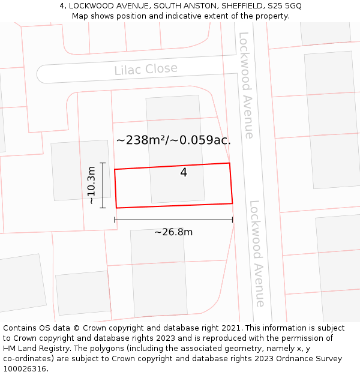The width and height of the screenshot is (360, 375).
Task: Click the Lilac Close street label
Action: (x=146, y=69)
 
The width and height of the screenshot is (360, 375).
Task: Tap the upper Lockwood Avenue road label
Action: (x=247, y=85)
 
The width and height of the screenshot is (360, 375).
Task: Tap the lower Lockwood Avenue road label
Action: (x=257, y=253)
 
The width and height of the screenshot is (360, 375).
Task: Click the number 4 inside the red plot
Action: (x=184, y=173)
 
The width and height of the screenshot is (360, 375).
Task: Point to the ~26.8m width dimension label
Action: (x=173, y=232)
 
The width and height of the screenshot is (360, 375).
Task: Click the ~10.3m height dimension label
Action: (x=92, y=185)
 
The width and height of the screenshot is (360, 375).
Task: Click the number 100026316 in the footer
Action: (x=25, y=369)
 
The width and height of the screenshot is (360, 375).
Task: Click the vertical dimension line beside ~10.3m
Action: (x=103, y=185)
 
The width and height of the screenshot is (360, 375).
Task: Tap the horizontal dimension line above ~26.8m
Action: (x=173, y=220)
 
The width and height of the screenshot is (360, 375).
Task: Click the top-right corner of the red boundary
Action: (x=230, y=163)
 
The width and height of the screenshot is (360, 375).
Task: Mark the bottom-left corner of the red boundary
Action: (x=116, y=208)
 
